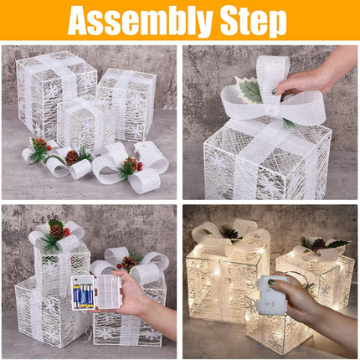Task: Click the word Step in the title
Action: pyautogui.click(x=250, y=21)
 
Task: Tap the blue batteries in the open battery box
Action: pyautogui.click(x=86, y=295)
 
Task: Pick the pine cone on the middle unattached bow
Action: pyautogui.click(x=72, y=157)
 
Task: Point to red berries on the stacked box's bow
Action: pyautogui.click(x=67, y=232)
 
